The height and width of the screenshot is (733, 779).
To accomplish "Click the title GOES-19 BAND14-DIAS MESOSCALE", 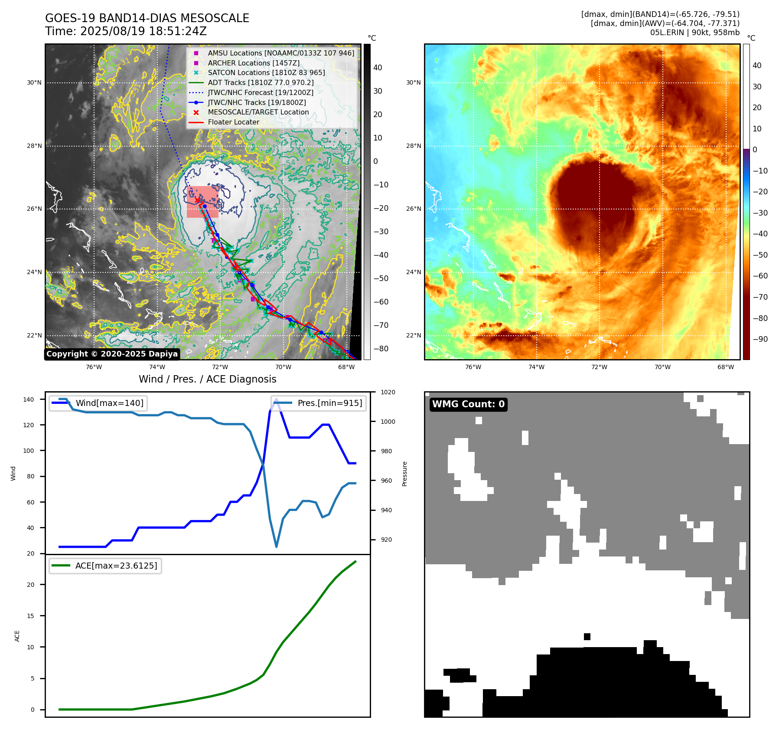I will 147,18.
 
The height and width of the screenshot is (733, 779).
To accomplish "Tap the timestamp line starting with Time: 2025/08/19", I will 126,31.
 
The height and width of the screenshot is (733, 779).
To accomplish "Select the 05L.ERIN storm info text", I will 694,33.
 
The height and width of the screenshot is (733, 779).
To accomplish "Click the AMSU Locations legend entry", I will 280,53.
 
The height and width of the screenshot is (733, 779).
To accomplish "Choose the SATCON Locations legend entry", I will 266,73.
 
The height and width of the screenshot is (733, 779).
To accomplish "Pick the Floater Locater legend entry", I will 233,122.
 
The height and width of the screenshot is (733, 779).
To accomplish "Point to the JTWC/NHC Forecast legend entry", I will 260,92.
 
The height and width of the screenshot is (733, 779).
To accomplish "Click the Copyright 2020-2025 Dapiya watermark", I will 112,354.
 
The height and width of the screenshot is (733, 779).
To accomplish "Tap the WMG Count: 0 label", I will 468,404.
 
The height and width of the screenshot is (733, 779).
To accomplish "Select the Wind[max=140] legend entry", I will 109,403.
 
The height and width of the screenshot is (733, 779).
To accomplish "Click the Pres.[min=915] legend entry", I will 329,403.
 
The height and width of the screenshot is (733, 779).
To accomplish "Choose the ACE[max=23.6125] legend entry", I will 116,566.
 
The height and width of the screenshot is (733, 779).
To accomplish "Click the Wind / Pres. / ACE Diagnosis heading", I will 207,379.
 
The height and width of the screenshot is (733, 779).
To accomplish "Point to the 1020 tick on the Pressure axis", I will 388,393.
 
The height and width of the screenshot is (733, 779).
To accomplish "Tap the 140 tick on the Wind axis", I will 28,399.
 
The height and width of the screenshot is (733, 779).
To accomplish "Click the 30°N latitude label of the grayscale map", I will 34,83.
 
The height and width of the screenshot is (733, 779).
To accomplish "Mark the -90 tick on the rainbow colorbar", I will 760,339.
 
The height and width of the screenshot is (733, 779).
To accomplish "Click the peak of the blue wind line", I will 276,399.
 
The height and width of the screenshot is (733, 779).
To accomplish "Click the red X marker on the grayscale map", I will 198,200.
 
